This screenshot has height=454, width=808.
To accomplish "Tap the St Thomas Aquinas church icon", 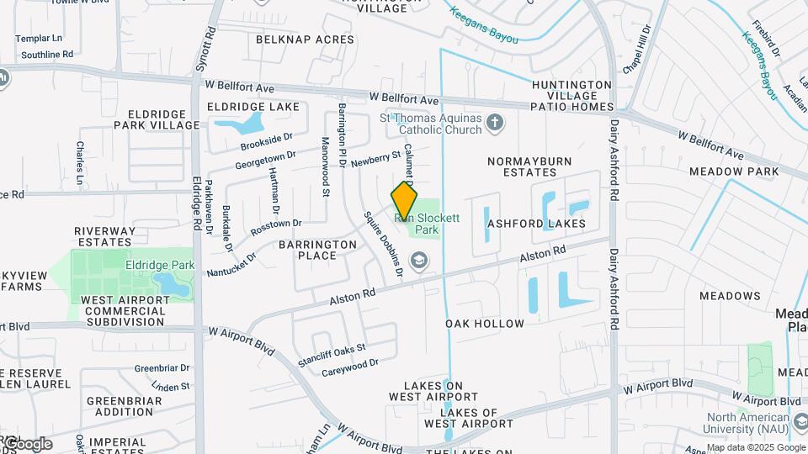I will (x=496, y=124).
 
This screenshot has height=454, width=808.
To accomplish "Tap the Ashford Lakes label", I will (x=535, y=224).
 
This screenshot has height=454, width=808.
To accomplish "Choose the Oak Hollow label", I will (x=485, y=324).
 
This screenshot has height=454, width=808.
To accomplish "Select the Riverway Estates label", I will (x=104, y=236).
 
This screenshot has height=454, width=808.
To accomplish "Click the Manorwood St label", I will (x=325, y=168).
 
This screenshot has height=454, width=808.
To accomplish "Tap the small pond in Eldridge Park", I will (x=173, y=285).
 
